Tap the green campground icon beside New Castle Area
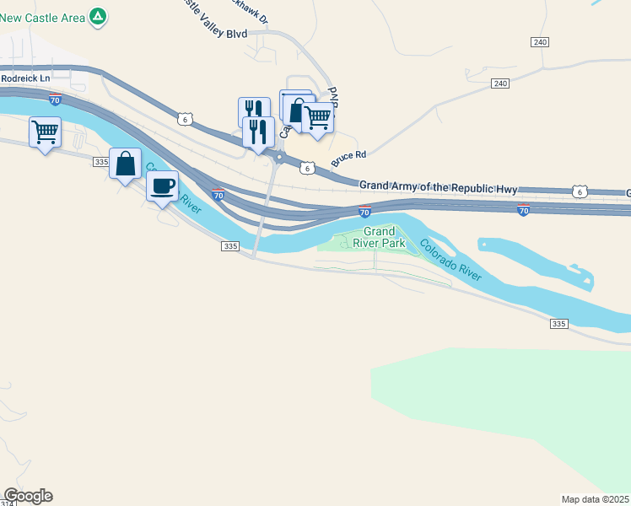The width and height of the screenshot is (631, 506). pos(99,16)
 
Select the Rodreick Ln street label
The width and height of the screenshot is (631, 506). pos(26,78)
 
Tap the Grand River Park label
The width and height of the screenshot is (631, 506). pos(379,237)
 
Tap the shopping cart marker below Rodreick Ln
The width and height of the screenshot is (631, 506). pos(45,131)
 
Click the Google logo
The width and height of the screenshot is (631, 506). pos(28,496)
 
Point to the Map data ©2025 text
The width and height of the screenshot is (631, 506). pos(595,498)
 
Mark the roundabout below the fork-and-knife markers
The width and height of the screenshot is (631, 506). pos(278,158)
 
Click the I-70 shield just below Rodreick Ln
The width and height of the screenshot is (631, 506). pos(55,100)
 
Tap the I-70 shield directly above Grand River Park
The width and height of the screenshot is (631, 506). pos(364,208)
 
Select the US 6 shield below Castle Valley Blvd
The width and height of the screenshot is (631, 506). pos(183,120)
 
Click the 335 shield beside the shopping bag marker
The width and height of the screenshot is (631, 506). pos(100,161)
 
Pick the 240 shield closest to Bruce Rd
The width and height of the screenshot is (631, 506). pos(501,83)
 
